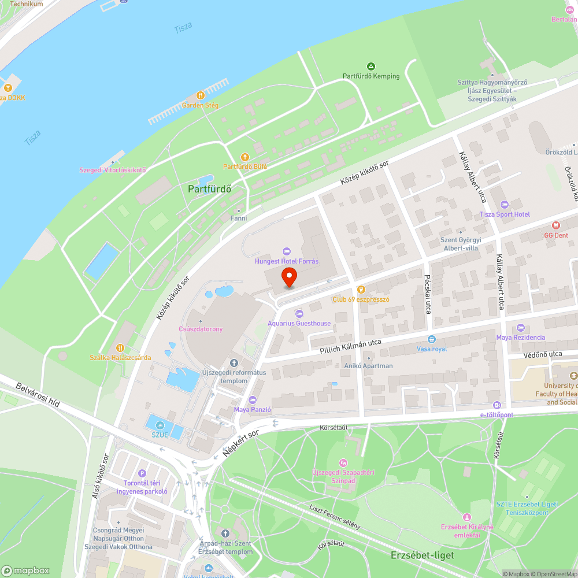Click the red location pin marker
[x=288, y=277]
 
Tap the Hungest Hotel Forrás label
[x=287, y=261]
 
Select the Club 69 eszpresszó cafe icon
[x=361, y=289]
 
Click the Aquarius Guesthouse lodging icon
[x=299, y=313]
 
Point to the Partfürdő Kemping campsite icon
[x=371, y=66]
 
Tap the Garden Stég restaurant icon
[x=200, y=95]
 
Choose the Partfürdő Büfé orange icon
[x=244, y=157]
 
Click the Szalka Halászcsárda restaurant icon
[x=120, y=347]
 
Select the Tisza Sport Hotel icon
[x=504, y=205]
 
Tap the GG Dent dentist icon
[x=556, y=225]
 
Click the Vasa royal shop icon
[x=431, y=339]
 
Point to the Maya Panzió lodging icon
[x=252, y=400]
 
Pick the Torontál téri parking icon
[x=142, y=473]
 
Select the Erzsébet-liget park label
[x=421, y=555]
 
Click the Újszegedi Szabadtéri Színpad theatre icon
[x=343, y=463]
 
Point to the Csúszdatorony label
[x=201, y=329]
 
